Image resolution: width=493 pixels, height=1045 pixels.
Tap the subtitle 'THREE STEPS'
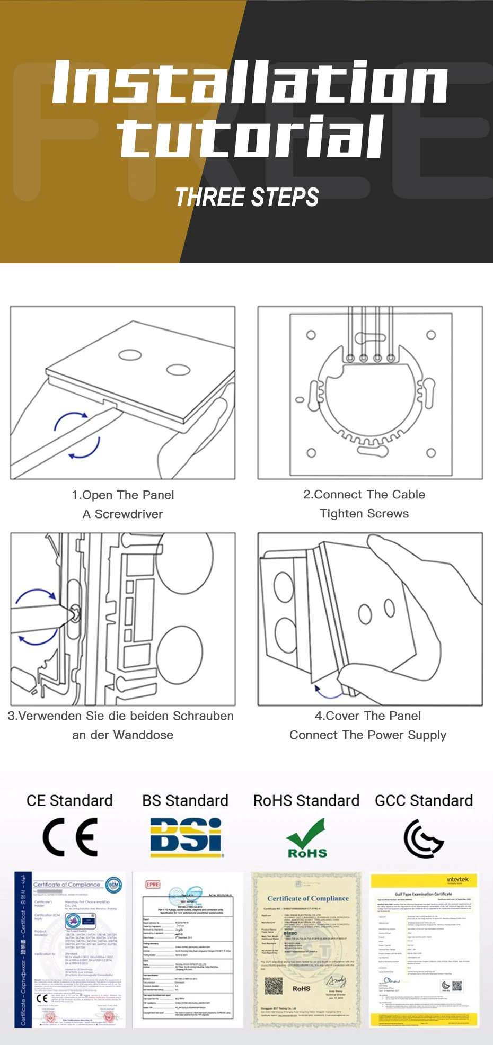coord(247,198)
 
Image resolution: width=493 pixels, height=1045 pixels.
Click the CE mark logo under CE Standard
coord(70,837)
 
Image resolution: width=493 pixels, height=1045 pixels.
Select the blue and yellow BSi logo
coord(186,837)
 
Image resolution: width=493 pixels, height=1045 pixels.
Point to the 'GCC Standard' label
coord(424,800)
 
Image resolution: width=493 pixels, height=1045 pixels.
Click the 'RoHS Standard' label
coord(306,800)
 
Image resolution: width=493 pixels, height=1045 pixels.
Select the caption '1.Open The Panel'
coord(123,495)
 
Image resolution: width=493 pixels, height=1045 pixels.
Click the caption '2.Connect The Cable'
coord(364,494)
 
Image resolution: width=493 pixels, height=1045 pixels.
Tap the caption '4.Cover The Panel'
coord(367,716)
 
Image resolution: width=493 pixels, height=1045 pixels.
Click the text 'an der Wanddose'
coord(123,735)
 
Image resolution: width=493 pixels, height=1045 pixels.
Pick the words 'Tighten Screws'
coord(364,513)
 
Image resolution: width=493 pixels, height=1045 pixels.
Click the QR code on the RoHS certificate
coord(274,986)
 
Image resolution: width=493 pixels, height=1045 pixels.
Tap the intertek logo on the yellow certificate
coord(457,880)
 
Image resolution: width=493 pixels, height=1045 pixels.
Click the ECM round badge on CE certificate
coord(113,885)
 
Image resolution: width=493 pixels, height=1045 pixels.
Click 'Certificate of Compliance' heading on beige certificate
coord(307,898)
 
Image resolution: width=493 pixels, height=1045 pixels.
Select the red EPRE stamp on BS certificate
coord(153,884)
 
